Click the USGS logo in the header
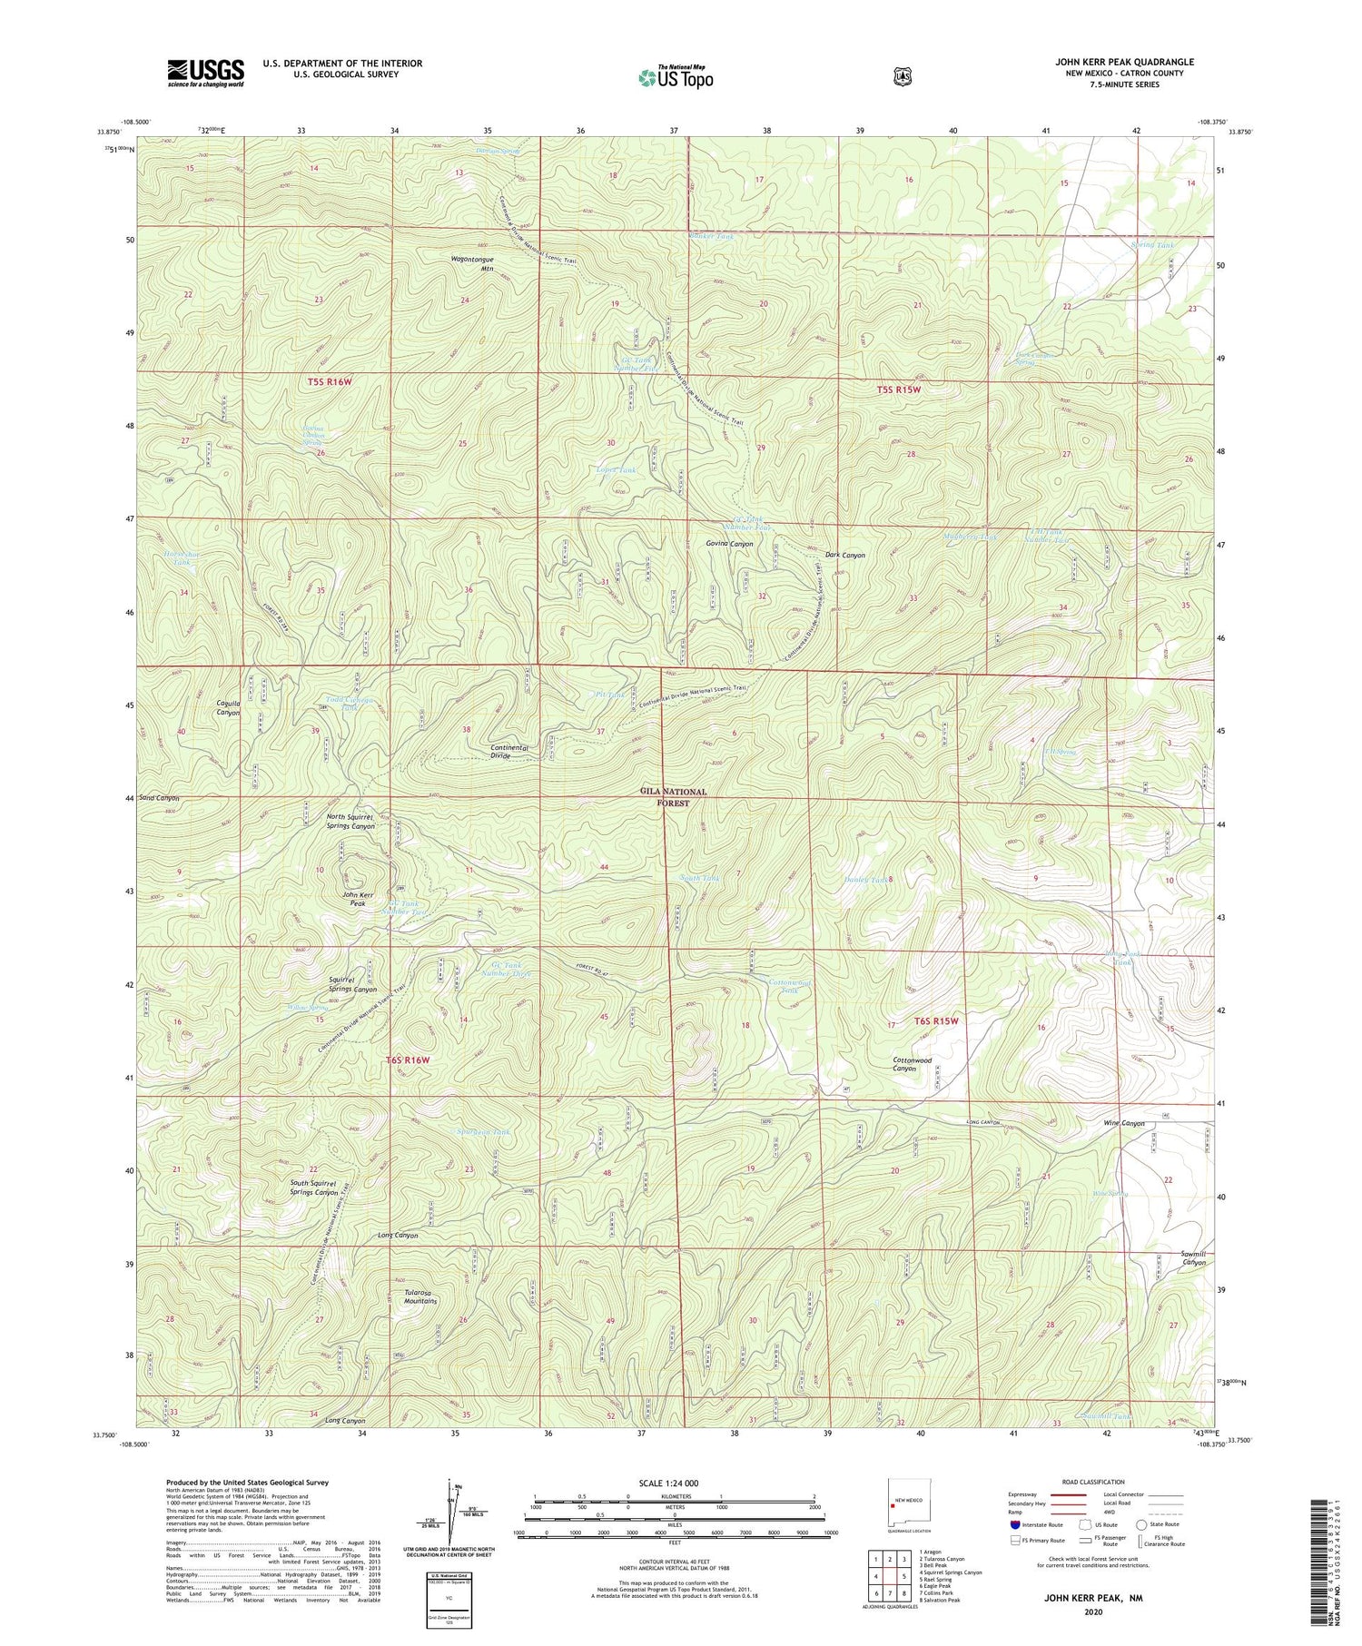click(205, 72)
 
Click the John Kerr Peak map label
click(358, 900)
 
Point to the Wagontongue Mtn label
click(473, 263)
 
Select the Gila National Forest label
click(673, 796)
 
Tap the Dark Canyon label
click(844, 555)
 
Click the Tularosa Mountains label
click(420, 1296)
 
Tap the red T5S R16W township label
click(329, 382)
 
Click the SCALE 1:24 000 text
click(673, 1483)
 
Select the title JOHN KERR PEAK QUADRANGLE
click(1124, 62)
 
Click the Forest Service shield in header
click(902, 77)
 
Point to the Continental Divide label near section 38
click(509, 752)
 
